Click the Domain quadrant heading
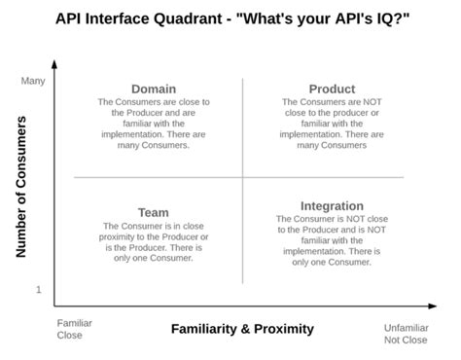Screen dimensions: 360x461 click(x=153, y=89)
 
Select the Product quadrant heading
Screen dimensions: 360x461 click(x=332, y=89)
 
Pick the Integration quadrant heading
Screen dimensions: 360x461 click(x=332, y=205)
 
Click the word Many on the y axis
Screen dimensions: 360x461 click(x=33, y=81)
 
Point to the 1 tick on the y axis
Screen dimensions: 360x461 click(x=40, y=290)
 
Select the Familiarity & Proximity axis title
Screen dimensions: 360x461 click(x=242, y=329)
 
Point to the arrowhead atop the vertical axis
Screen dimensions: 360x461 click(x=54, y=63)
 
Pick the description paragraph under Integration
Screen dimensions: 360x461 click(x=332, y=241)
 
